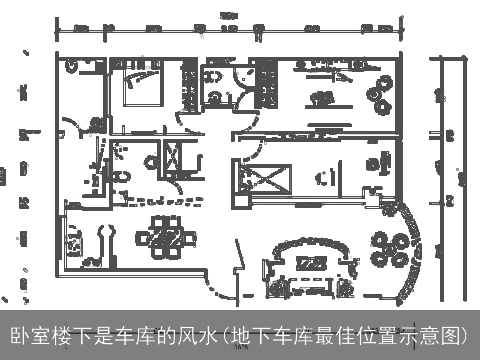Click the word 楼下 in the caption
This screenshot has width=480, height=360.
pos(68,335)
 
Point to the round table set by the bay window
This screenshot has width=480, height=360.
pos(389,245)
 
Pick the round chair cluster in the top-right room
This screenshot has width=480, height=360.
pos(380,94)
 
